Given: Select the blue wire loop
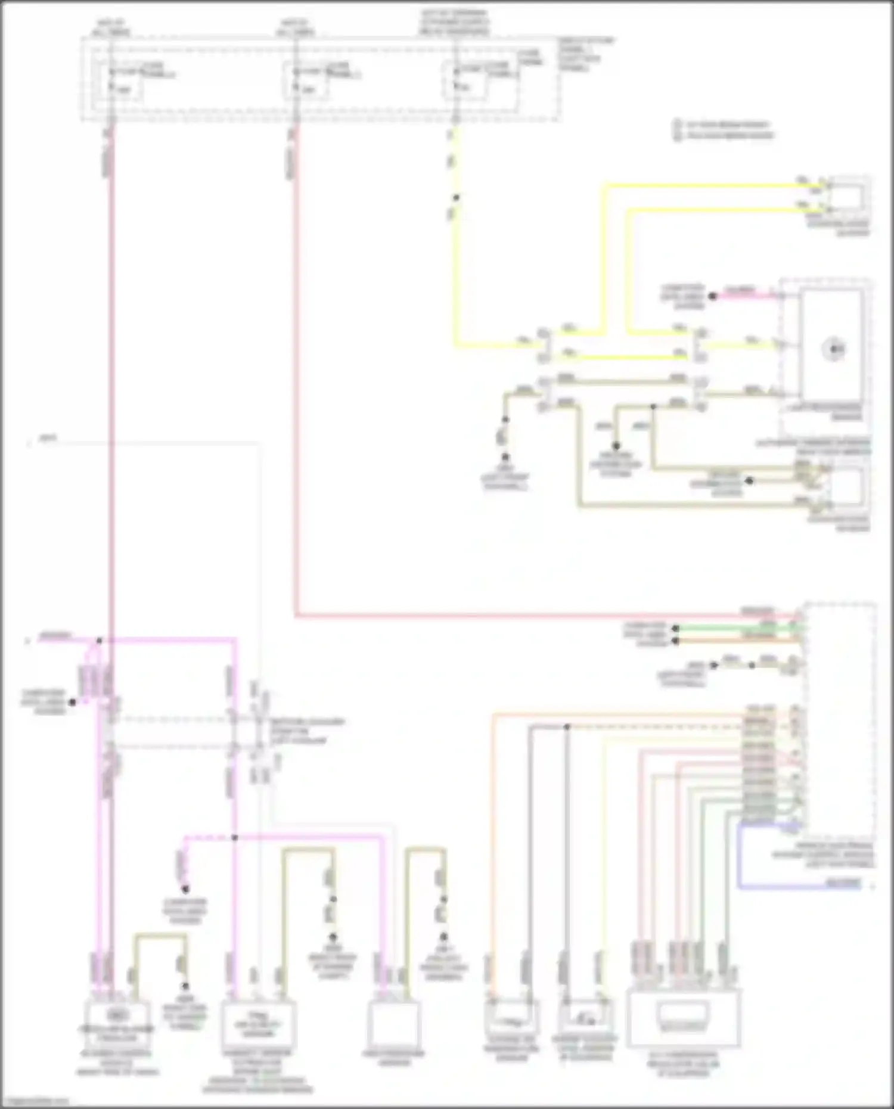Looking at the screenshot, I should [x=739, y=858].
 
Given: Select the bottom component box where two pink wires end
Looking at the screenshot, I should [x=117, y=1020].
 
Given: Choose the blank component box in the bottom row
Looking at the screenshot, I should [x=394, y=1021].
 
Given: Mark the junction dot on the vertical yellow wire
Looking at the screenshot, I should [x=456, y=197].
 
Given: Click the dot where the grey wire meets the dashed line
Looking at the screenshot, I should [x=567, y=727].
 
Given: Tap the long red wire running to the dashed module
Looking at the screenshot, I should [x=536, y=614].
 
